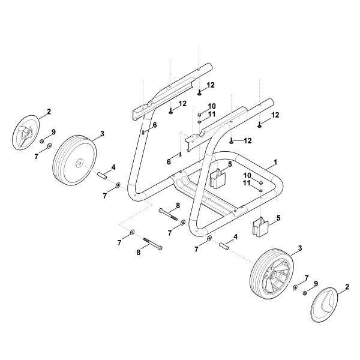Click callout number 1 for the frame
[275, 162]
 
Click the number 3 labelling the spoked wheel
[299, 248]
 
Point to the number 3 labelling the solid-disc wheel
[103, 134]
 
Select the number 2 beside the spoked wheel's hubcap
[347, 289]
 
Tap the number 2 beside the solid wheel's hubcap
[49, 112]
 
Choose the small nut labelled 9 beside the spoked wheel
[305, 292]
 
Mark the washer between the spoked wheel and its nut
[295, 288]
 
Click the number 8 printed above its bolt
[178, 205]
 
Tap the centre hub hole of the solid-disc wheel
[79, 163]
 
